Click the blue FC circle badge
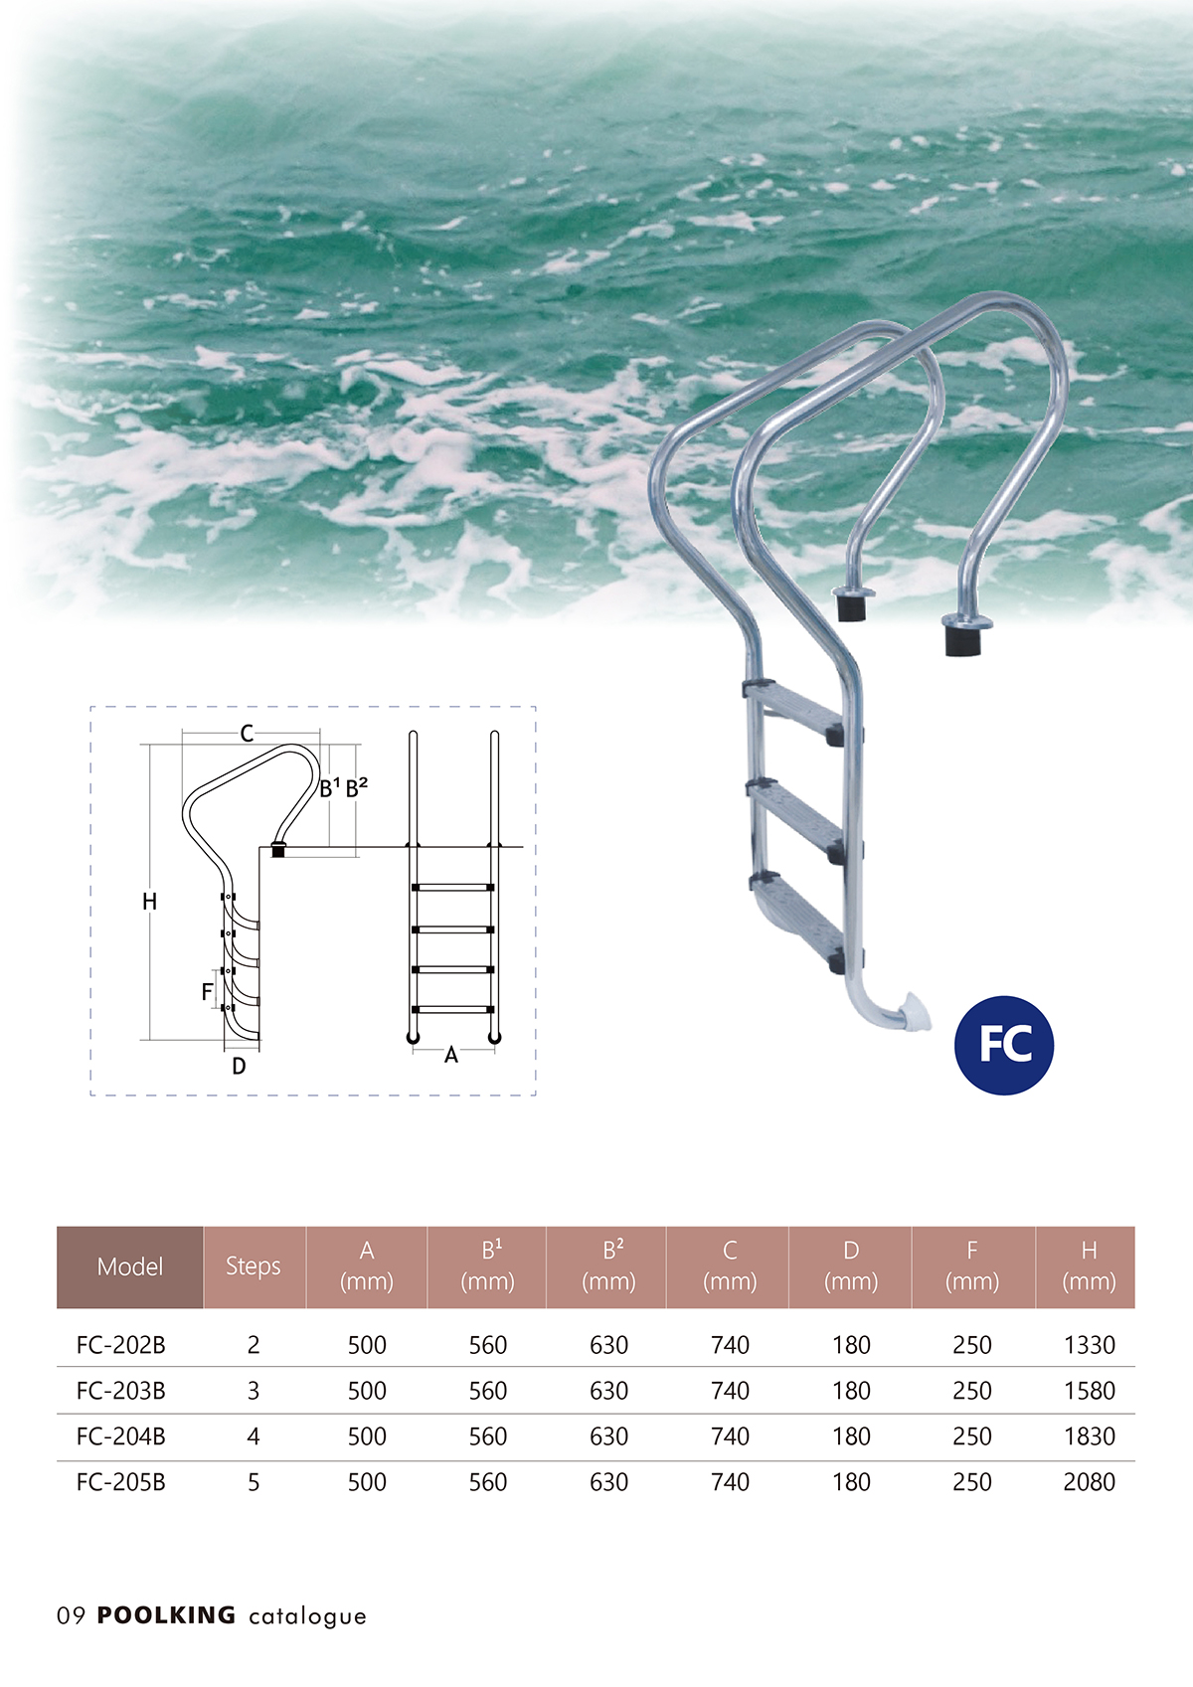1003,1045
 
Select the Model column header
130,1266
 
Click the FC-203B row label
120,1391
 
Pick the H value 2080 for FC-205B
1089,1482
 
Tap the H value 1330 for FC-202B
1089,1345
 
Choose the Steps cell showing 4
254,1436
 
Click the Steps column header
254,1266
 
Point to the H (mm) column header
1089,1266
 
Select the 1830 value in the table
1089,1436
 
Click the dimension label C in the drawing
247,734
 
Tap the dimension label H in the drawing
149,902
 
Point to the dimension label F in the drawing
207,991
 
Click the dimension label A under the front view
451,1056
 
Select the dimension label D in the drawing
239,1067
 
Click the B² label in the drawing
356,788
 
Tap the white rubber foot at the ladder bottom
914,1014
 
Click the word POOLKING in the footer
166,1615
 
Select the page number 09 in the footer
71,1616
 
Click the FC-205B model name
120,1482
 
